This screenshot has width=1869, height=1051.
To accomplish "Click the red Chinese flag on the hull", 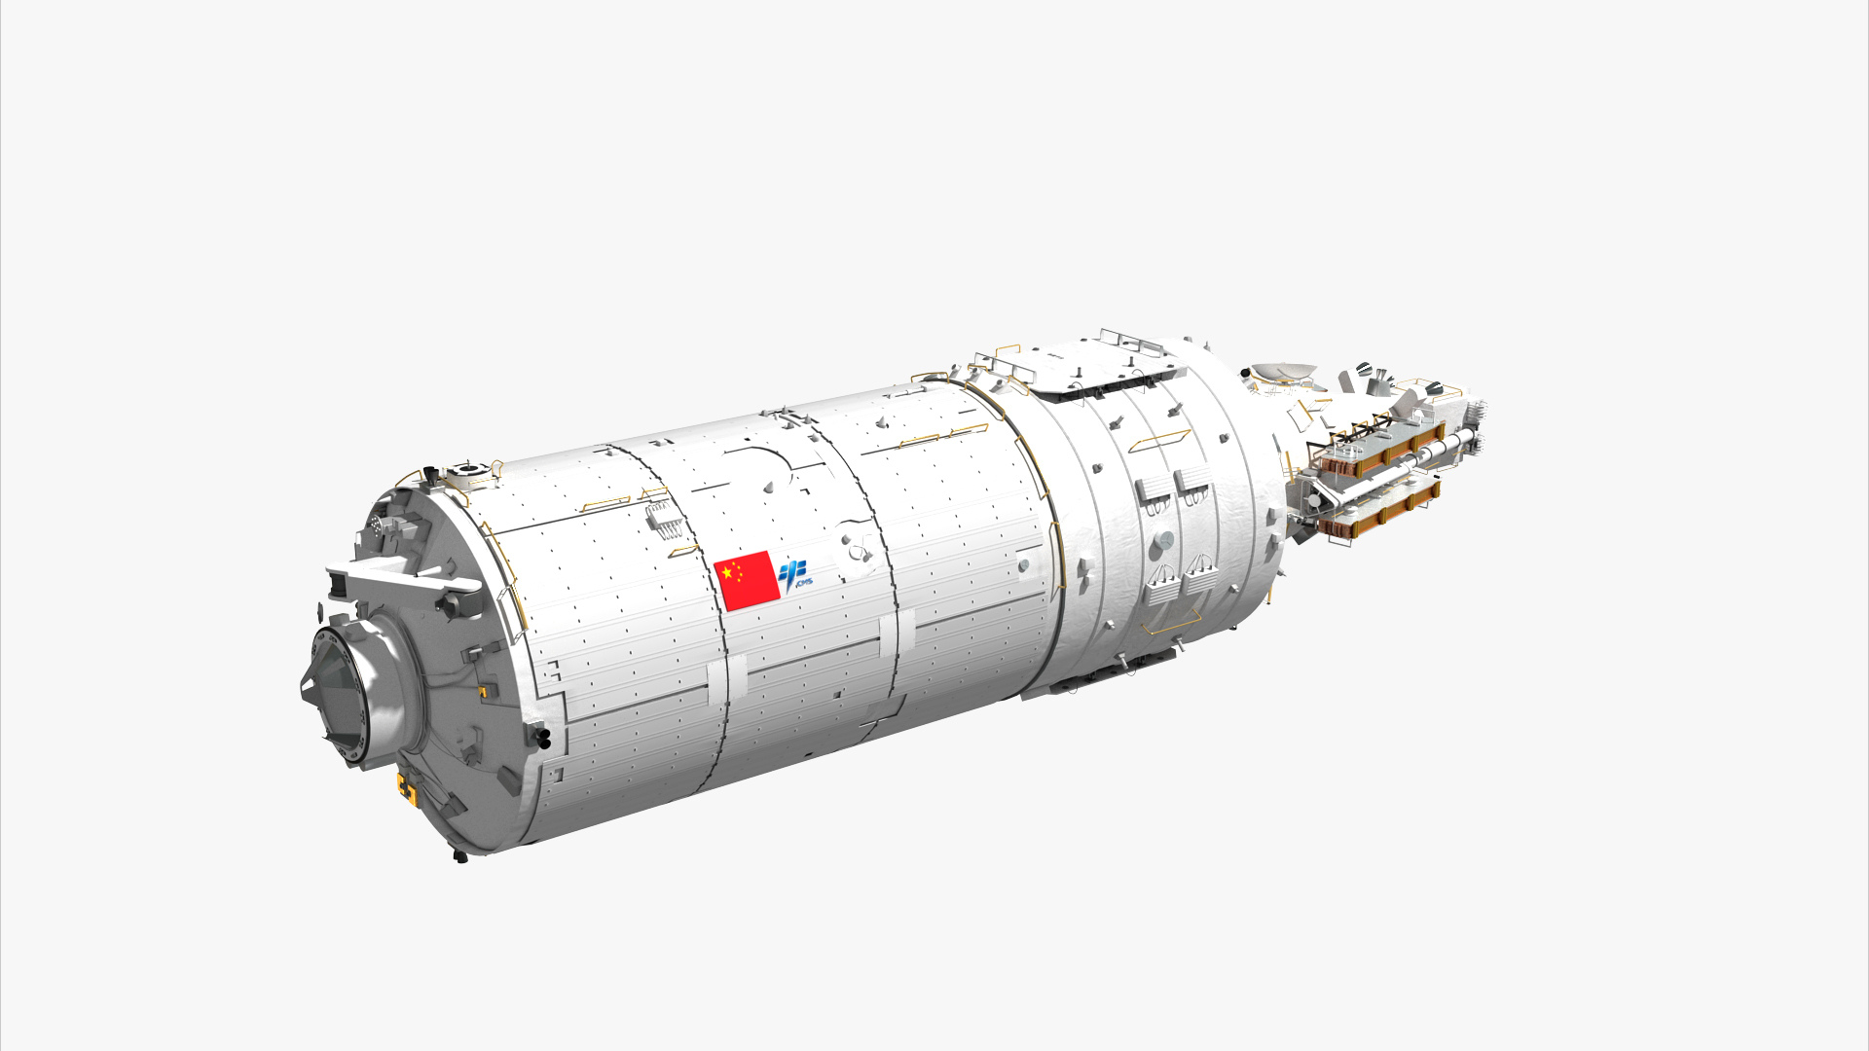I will pos(747,581).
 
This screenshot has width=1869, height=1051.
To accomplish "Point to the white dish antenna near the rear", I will pos(1282,371).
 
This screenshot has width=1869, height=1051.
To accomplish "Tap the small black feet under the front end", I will pos(458,855).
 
